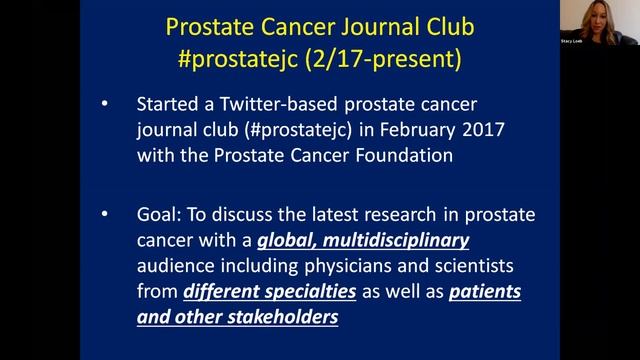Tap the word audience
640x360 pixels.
(x=175, y=267)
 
